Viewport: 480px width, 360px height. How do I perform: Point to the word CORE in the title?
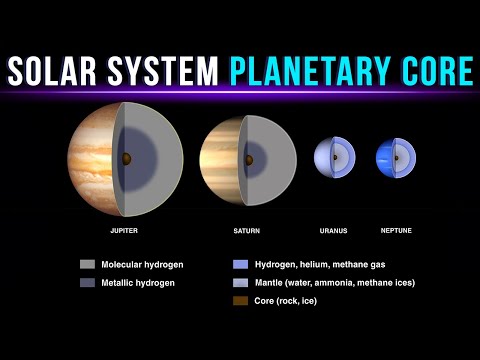[x=434, y=72]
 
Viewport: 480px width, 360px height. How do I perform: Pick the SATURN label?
[x=246, y=230]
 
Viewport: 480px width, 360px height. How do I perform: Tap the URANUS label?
[x=333, y=230]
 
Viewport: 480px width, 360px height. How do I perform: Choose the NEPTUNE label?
[x=395, y=230]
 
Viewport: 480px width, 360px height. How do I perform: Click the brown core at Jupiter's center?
[x=126, y=158]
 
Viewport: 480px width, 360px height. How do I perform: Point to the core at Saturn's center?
[x=247, y=157]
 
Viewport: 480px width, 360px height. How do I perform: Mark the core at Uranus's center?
[x=334, y=157]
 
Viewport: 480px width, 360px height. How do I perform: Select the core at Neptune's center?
[x=396, y=157]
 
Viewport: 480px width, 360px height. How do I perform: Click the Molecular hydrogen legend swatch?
[x=88, y=265]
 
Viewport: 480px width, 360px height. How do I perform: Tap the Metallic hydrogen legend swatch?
[x=88, y=283]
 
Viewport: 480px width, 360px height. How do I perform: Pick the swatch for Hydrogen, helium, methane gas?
[x=239, y=265]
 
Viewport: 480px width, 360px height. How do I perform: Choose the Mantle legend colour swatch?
[x=239, y=283]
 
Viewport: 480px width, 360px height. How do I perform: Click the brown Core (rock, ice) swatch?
[x=239, y=300]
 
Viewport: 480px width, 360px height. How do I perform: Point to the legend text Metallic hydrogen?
[x=137, y=283]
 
